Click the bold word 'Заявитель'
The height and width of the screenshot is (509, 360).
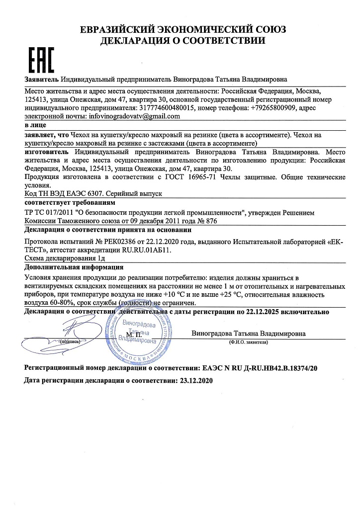41,80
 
